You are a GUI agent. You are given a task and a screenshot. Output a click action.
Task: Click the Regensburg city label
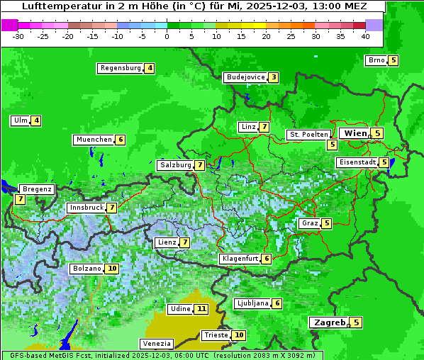(x=121, y=68)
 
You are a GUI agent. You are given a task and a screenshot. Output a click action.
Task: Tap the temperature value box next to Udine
(x=202, y=309)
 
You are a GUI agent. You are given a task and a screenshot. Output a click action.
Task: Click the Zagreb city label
(x=329, y=322)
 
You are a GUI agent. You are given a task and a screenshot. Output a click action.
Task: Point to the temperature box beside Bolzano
(x=112, y=269)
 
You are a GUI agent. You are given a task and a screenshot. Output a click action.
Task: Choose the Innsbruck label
(x=85, y=208)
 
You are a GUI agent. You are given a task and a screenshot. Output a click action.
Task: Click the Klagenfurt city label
(x=239, y=259)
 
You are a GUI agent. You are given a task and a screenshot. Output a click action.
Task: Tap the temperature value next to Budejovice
(x=273, y=77)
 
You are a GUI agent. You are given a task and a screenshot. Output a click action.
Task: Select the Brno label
(x=376, y=60)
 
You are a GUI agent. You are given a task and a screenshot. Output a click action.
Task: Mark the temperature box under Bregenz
(x=20, y=200)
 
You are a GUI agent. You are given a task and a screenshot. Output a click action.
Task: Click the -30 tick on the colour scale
(x=18, y=35)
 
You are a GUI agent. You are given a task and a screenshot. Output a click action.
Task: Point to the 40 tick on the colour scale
(x=365, y=35)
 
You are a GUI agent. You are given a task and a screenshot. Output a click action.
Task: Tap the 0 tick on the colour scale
(x=167, y=35)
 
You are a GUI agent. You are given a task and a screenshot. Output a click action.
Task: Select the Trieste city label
(x=216, y=335)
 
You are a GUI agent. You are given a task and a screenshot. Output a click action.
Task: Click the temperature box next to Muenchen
(x=121, y=140)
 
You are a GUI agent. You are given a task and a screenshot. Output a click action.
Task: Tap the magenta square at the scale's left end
(x=9, y=25)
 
